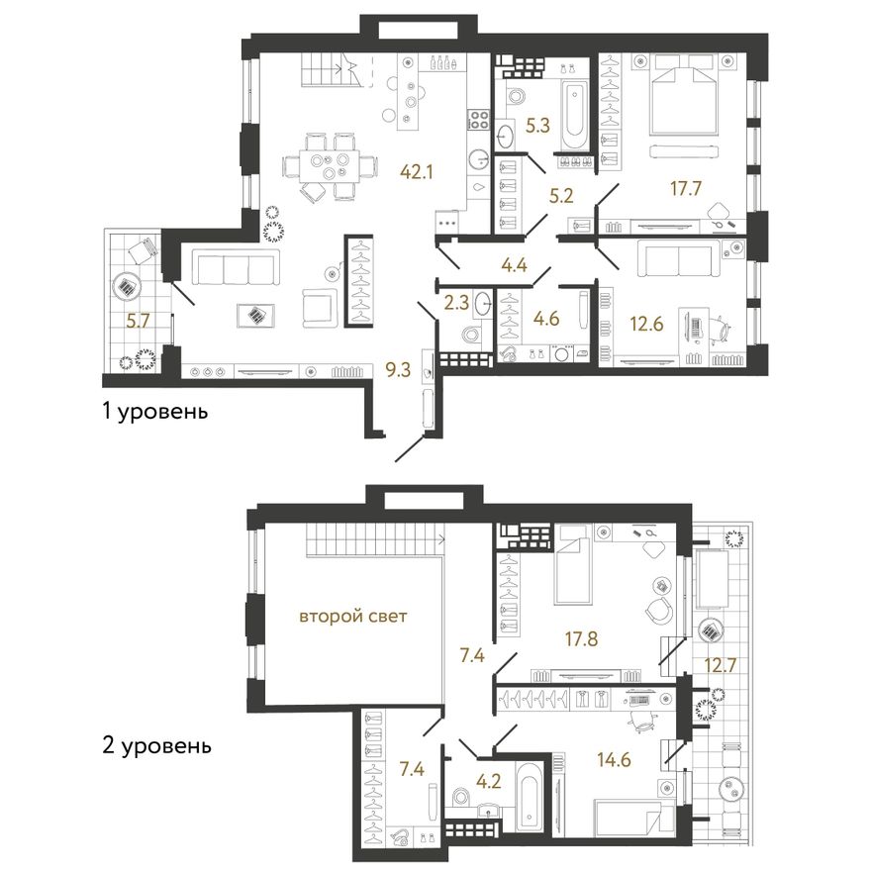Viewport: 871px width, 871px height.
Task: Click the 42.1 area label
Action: [x=416, y=172]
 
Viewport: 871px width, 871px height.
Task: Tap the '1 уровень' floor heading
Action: [x=155, y=412]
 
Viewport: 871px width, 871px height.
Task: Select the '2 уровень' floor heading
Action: [x=156, y=745]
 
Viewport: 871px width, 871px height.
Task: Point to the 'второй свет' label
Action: [x=353, y=616]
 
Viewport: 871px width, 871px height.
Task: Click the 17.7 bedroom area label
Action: [x=686, y=189]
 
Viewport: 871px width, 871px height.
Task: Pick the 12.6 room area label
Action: [x=646, y=324]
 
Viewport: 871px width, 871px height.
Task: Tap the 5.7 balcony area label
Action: [x=138, y=321]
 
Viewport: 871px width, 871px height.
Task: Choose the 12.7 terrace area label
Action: [x=721, y=664]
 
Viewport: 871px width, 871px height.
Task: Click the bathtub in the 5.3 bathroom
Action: [x=572, y=116]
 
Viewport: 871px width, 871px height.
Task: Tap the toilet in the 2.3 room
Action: [x=471, y=337]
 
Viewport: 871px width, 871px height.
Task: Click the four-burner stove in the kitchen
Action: [x=479, y=120]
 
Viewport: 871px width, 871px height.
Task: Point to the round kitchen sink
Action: [x=479, y=159]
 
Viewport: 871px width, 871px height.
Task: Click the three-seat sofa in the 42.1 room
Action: [x=237, y=267]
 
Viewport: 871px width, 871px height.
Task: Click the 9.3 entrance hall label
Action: [x=398, y=370]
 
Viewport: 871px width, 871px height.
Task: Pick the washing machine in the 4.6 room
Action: [x=563, y=354]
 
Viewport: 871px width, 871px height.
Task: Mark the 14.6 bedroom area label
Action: [x=614, y=759]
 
